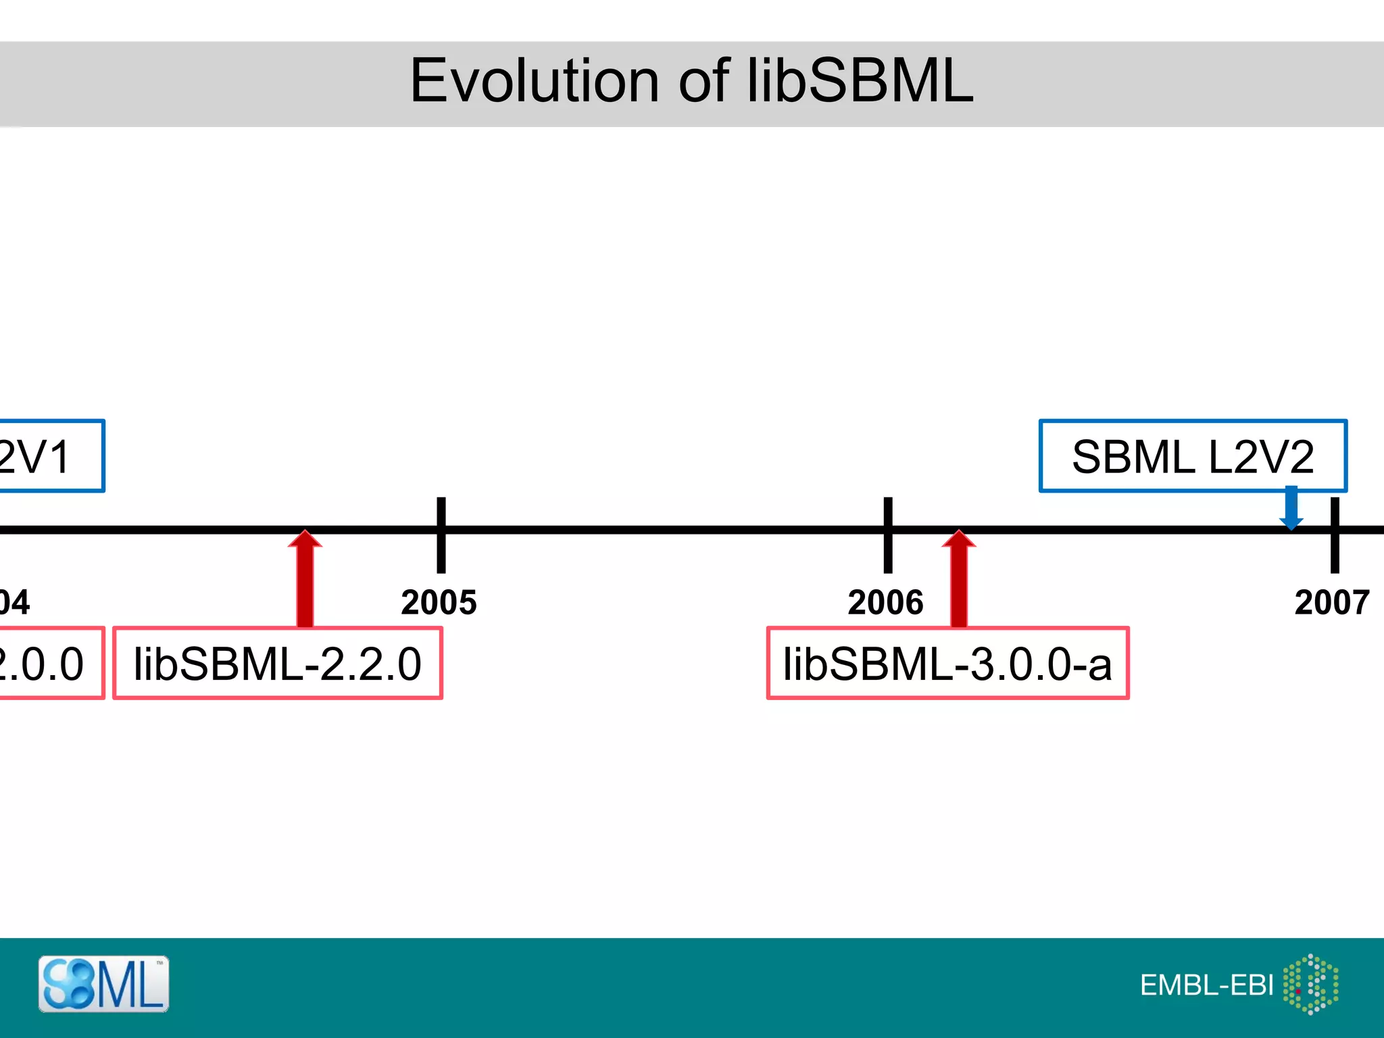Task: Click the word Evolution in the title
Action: (534, 81)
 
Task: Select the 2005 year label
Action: (439, 602)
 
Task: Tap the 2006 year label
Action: (885, 602)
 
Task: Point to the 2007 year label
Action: (1331, 602)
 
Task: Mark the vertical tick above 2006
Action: (888, 514)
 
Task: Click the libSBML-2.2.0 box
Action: (277, 663)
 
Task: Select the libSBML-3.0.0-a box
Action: (947, 663)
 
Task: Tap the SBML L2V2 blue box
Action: (1193, 456)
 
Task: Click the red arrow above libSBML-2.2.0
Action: (305, 581)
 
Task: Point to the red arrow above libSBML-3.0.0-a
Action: (958, 581)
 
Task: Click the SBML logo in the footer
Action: (103, 984)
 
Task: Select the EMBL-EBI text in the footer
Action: (1206, 985)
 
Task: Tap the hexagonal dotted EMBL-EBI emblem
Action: (1310, 984)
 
